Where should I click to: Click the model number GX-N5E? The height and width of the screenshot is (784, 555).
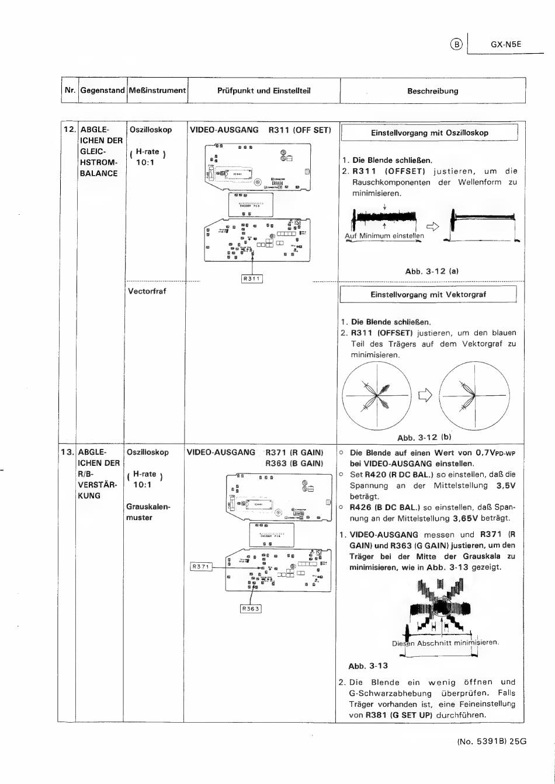click(505, 44)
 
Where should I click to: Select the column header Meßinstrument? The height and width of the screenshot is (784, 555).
click(157, 90)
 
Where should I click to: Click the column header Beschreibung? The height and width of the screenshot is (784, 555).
click(432, 91)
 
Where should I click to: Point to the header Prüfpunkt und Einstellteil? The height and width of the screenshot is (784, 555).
click(263, 90)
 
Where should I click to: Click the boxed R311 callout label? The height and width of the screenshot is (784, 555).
click(252, 278)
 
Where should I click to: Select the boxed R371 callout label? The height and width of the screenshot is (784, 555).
click(201, 566)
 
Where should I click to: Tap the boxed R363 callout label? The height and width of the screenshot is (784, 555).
click(251, 609)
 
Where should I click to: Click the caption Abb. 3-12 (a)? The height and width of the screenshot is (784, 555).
click(432, 271)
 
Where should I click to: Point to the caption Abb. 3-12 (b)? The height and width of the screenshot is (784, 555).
click(424, 437)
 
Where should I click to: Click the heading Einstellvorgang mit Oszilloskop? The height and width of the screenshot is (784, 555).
click(429, 133)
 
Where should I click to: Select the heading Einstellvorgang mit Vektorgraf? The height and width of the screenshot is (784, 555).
click(428, 295)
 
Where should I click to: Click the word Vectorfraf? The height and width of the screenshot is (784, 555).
click(147, 291)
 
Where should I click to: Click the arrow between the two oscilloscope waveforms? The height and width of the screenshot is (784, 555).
click(432, 227)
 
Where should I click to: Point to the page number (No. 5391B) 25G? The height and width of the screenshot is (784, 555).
click(491, 741)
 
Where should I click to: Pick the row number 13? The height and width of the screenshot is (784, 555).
click(67, 452)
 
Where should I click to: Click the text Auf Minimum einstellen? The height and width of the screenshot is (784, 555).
click(384, 236)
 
